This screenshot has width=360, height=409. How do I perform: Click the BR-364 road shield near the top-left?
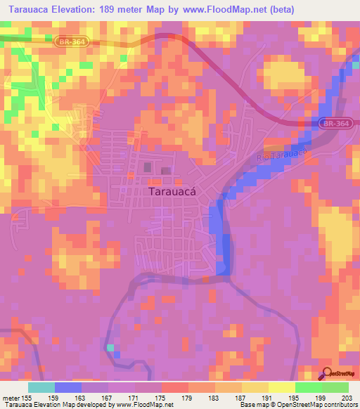[69, 42]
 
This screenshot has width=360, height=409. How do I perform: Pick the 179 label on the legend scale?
[187, 398]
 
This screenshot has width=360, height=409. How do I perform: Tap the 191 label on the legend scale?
[266, 398]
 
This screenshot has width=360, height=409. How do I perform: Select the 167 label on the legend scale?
[108, 398]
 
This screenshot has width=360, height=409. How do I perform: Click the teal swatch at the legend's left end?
[41, 387]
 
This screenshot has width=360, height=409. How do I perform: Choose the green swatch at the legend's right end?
[335, 387]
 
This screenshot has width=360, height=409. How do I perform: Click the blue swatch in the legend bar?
[68, 387]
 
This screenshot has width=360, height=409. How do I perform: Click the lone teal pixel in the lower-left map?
[110, 348]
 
